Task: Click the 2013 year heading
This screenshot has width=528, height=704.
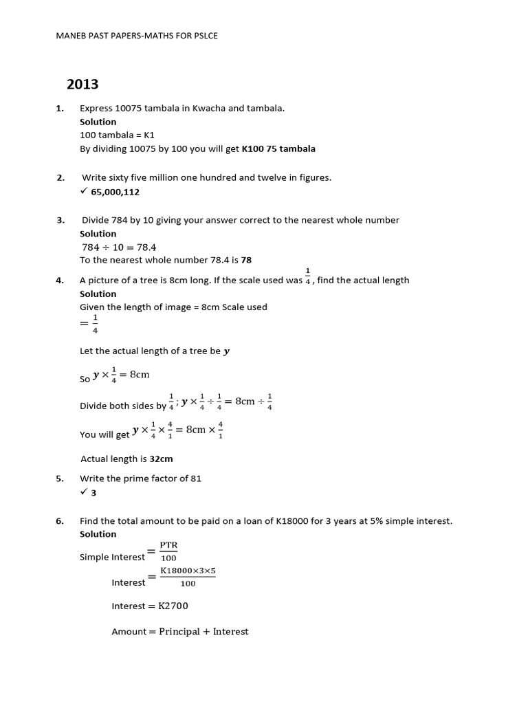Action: coord(82,85)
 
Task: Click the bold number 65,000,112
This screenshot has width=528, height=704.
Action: coord(115,192)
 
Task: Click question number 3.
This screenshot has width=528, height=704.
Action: coord(60,220)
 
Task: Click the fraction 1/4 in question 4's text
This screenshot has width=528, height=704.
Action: coord(307,276)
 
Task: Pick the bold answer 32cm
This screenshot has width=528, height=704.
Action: coord(161,459)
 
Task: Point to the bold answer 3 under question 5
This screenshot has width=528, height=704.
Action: coord(94,492)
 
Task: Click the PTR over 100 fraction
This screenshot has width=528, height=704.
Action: coord(168,551)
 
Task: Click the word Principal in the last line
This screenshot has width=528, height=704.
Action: coord(179,632)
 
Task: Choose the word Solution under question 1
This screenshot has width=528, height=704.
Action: coord(98,122)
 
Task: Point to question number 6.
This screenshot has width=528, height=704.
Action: coord(60,521)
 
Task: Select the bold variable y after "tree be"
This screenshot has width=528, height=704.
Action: coord(227,351)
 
